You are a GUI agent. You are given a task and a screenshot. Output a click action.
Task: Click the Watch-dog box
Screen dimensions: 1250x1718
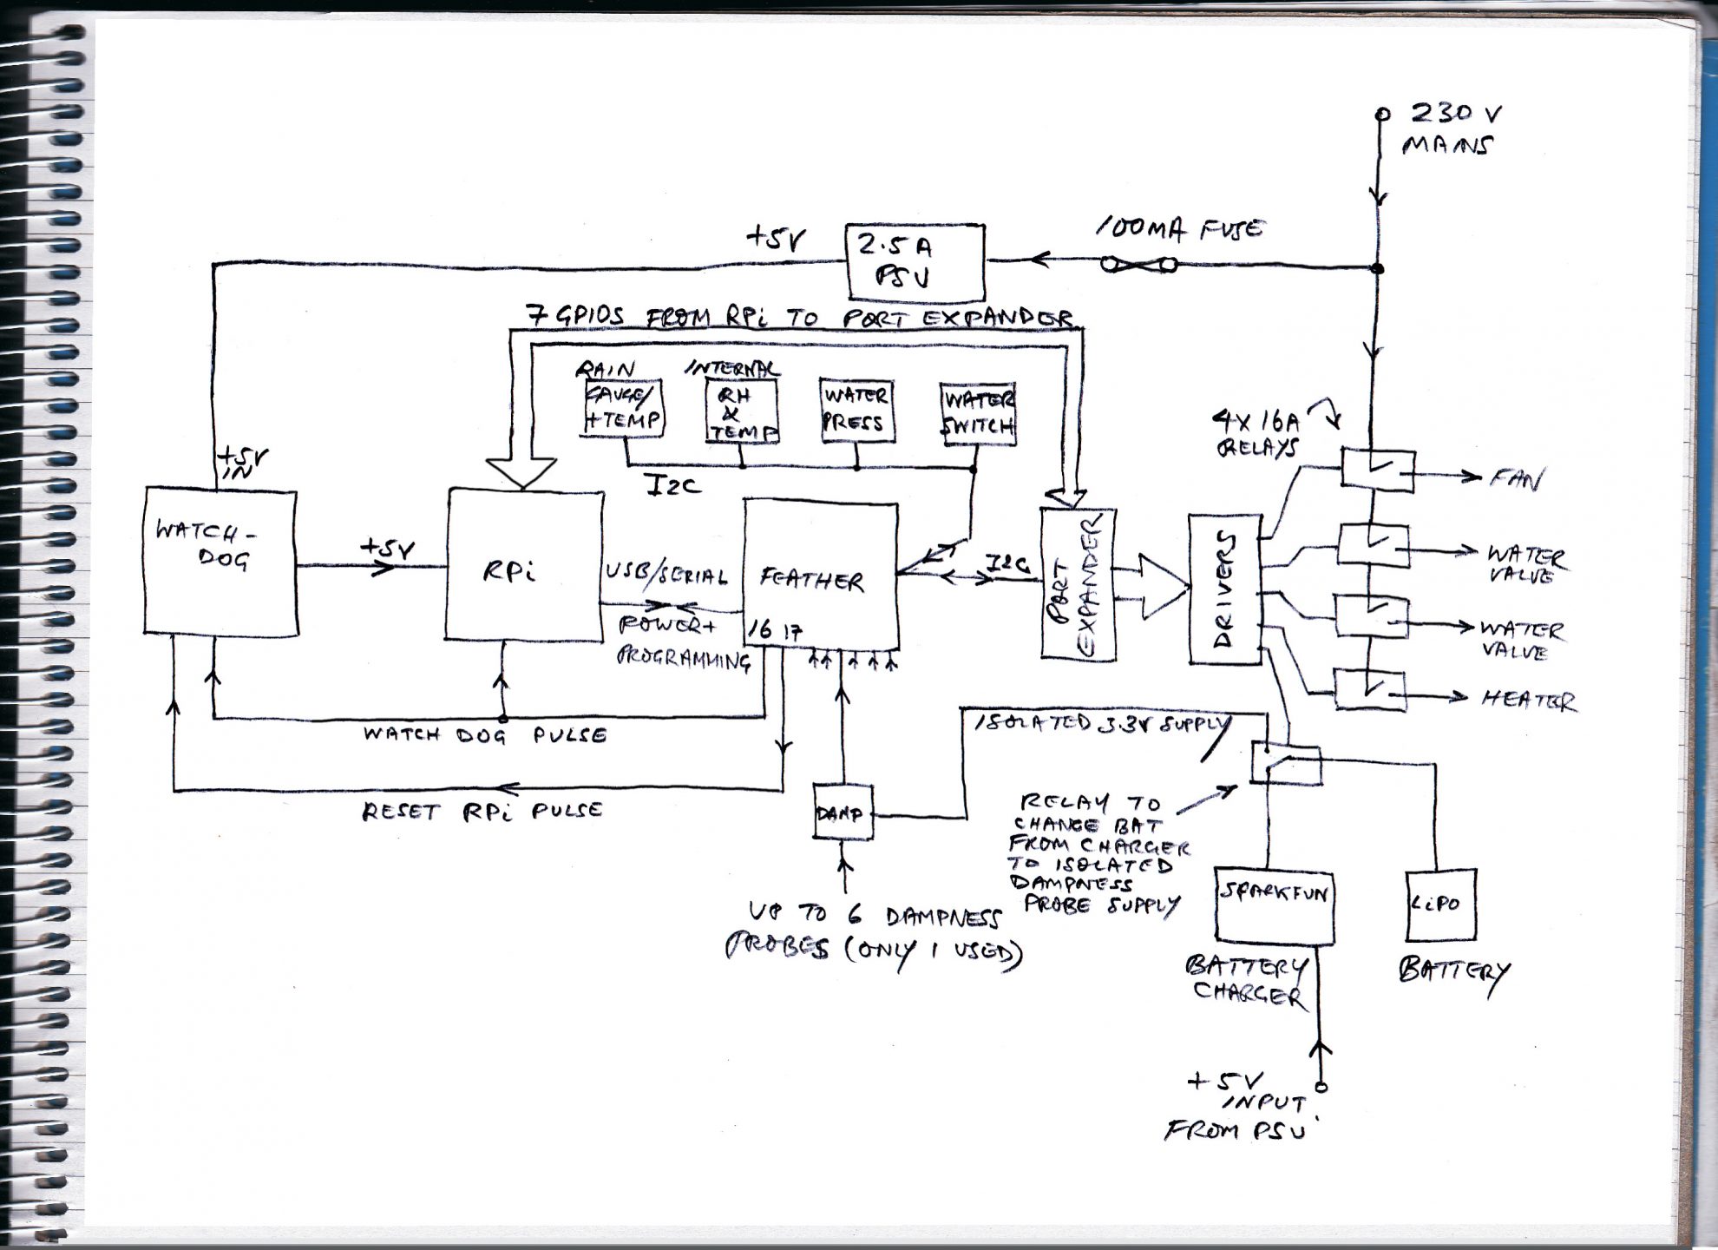click(x=220, y=562)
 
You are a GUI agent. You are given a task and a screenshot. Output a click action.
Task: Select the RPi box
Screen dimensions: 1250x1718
click(x=524, y=566)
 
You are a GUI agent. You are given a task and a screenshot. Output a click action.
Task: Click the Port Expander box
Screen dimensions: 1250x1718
click(x=1078, y=585)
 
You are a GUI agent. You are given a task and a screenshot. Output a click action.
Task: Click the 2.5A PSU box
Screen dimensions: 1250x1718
click(x=915, y=262)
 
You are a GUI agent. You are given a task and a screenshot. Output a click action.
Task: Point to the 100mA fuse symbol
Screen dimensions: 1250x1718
click(x=1138, y=264)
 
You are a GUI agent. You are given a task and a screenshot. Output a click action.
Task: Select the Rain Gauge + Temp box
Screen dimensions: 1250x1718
click(x=623, y=408)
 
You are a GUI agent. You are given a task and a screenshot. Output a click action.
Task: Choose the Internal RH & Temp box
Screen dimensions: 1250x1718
click(x=741, y=411)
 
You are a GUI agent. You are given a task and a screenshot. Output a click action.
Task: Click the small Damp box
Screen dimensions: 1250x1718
click(x=842, y=812)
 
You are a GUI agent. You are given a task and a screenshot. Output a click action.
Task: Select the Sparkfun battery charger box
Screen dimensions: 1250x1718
click(x=1274, y=905)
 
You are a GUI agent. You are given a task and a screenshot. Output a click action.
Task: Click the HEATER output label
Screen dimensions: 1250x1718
click(x=1529, y=700)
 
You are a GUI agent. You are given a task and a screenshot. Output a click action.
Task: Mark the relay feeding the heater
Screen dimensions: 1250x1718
click(x=1369, y=689)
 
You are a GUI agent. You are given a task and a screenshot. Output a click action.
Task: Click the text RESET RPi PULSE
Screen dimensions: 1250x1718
click(x=482, y=812)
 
